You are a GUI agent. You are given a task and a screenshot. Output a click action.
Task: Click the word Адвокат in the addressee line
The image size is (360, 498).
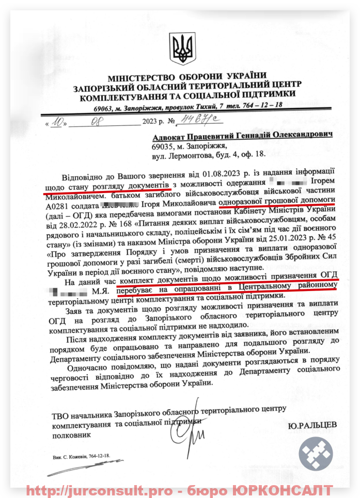tap(169, 135)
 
